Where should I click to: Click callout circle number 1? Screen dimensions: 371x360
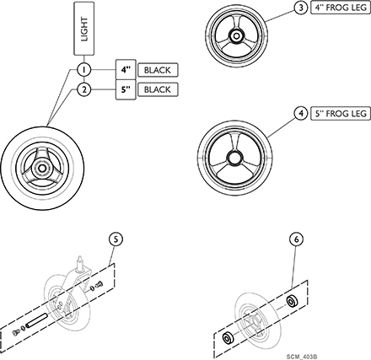[x=84, y=70]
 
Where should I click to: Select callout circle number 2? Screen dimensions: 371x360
[x=84, y=89]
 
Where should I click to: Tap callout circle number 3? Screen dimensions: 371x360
[x=301, y=8]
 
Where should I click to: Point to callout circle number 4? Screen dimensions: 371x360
[x=301, y=114]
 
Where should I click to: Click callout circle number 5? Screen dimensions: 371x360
[x=116, y=239]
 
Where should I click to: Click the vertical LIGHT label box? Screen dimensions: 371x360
[x=84, y=29]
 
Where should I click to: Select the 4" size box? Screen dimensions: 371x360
[x=126, y=70]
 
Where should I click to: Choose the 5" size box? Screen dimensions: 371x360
[x=126, y=89]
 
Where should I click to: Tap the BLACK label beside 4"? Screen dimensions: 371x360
[x=158, y=70]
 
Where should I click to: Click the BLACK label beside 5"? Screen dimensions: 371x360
[x=158, y=89]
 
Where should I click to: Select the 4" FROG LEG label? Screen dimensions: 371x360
[x=341, y=8]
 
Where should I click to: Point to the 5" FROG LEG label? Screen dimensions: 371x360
[x=341, y=114]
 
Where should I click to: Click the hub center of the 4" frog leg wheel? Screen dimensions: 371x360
[x=235, y=35]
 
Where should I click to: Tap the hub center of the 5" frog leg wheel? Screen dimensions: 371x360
[x=234, y=159]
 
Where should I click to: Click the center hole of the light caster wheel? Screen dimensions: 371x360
[x=42, y=168]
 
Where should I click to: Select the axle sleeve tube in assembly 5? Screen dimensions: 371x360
[x=36, y=320]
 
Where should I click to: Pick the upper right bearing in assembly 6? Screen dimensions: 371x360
[x=292, y=302]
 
